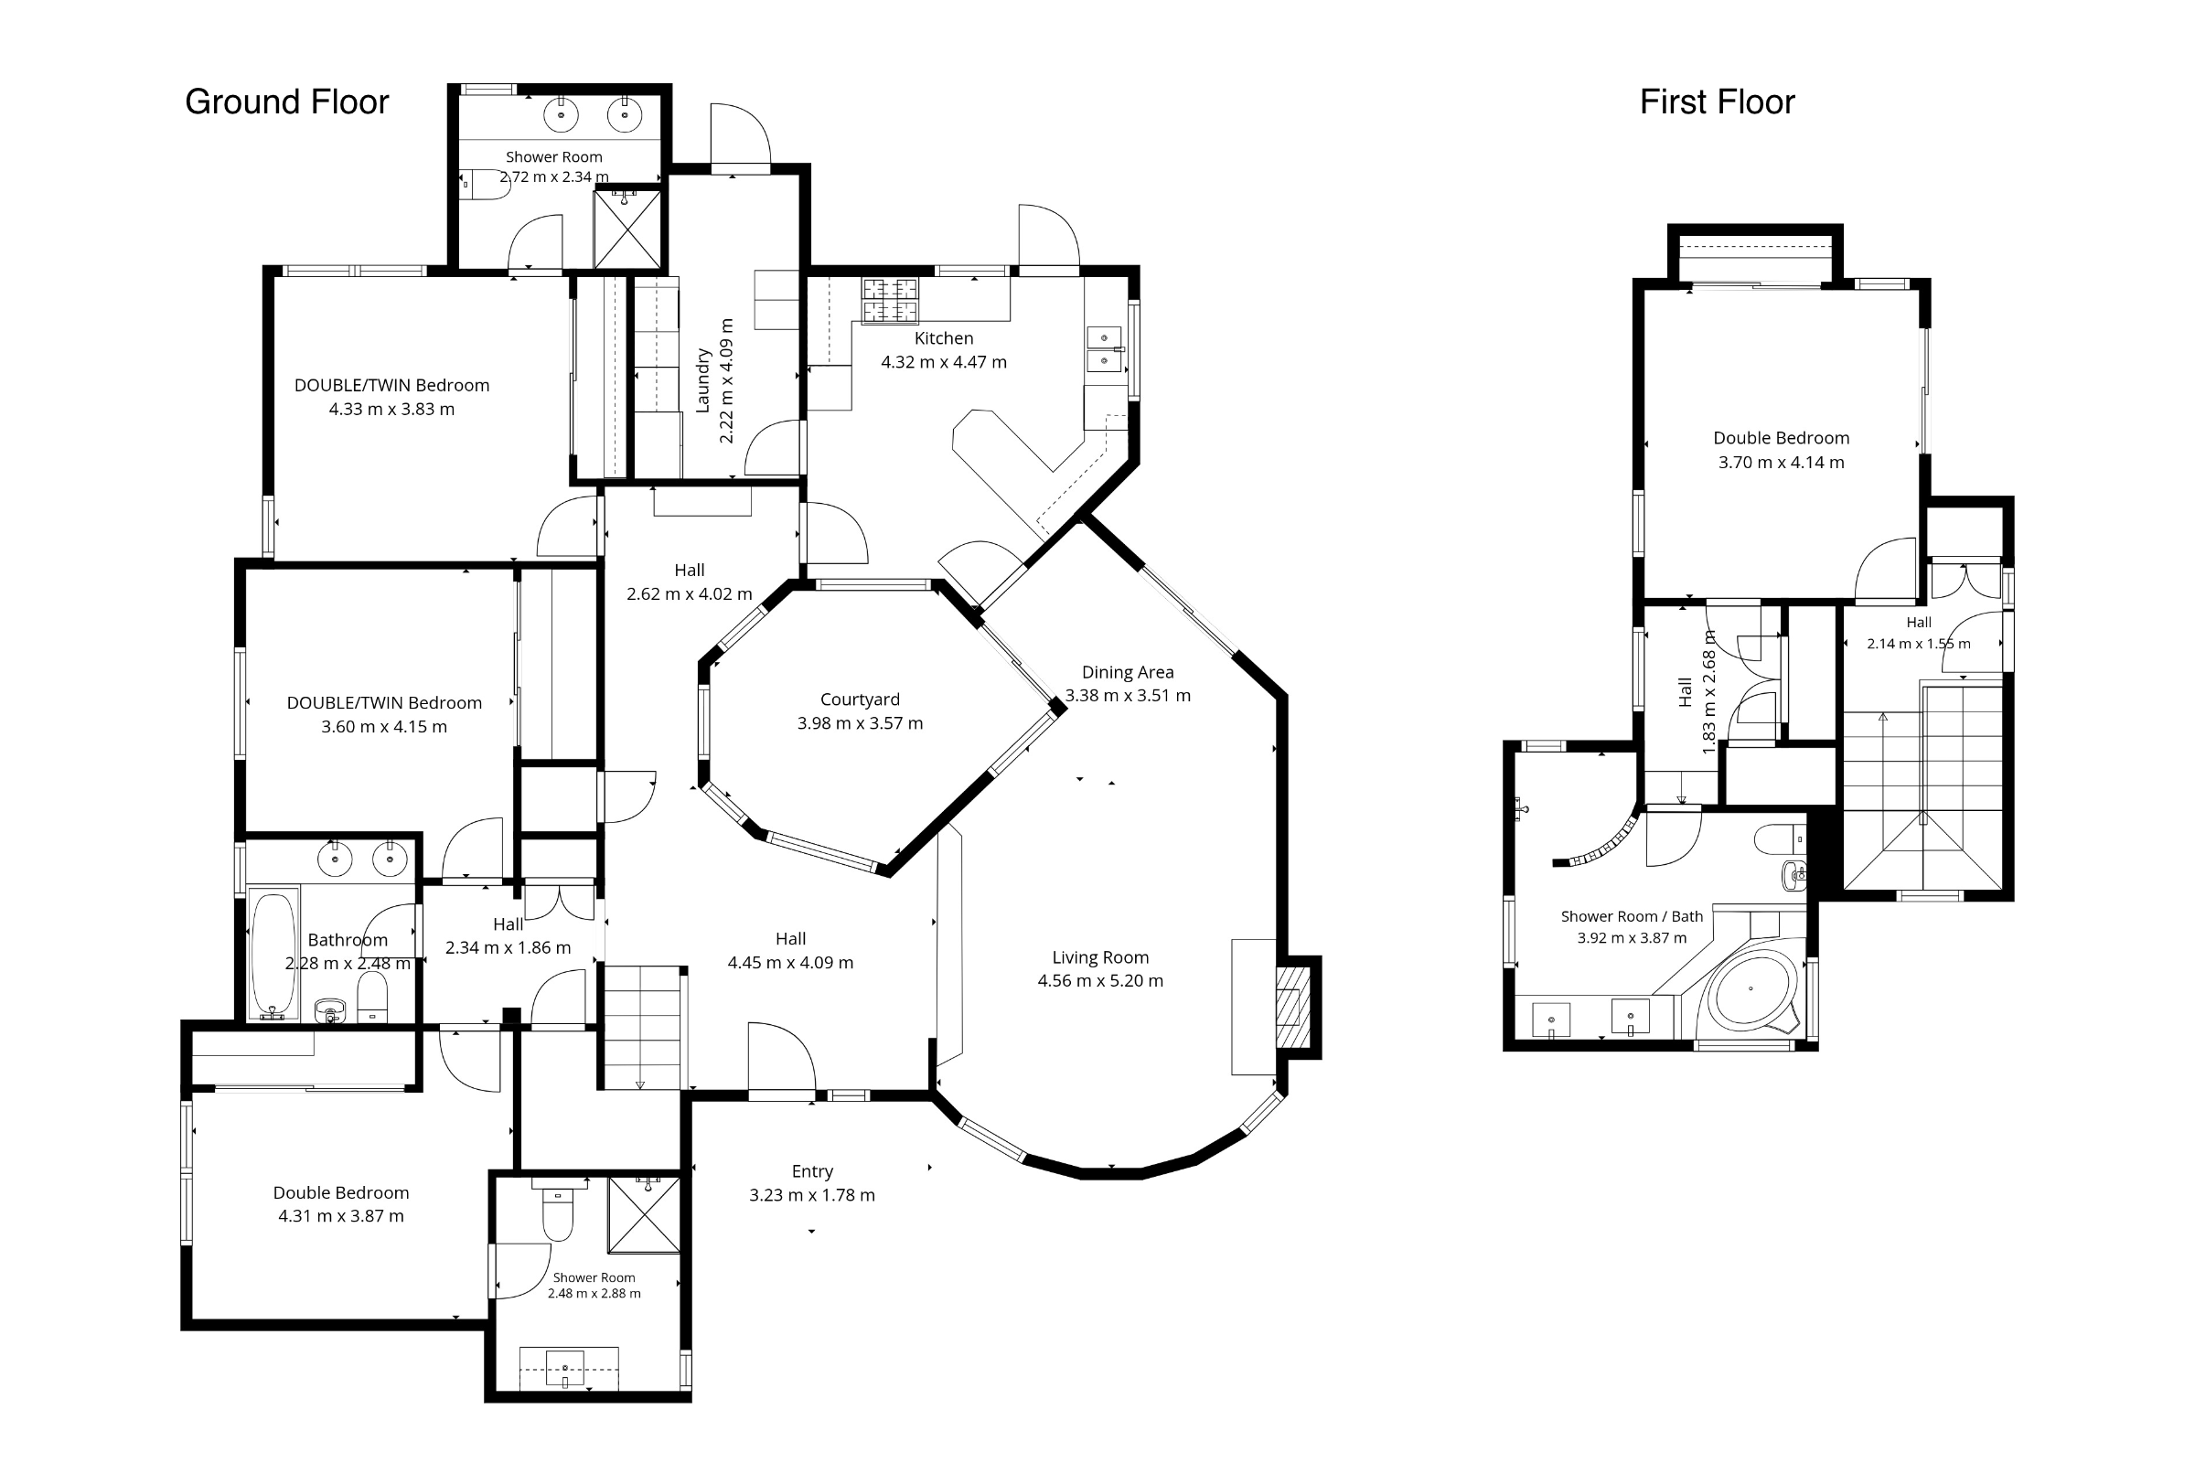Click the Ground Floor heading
point(286,101)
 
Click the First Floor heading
point(1718,101)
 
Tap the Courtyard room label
point(861,699)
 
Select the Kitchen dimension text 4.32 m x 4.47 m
point(944,362)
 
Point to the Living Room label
point(1100,957)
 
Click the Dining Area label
point(1128,672)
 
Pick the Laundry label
point(703,380)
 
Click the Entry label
point(812,1171)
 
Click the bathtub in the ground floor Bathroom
point(273,954)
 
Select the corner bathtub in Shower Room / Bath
point(1751,992)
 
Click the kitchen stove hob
point(890,301)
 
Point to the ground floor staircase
point(643,1027)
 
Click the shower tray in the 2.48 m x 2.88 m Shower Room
point(644,1214)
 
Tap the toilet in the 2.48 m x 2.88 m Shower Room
point(558,1211)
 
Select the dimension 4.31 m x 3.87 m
point(340,1216)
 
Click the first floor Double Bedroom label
point(1781,439)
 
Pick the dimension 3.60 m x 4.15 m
point(383,727)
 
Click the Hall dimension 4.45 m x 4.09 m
point(790,963)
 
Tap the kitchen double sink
point(1104,348)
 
